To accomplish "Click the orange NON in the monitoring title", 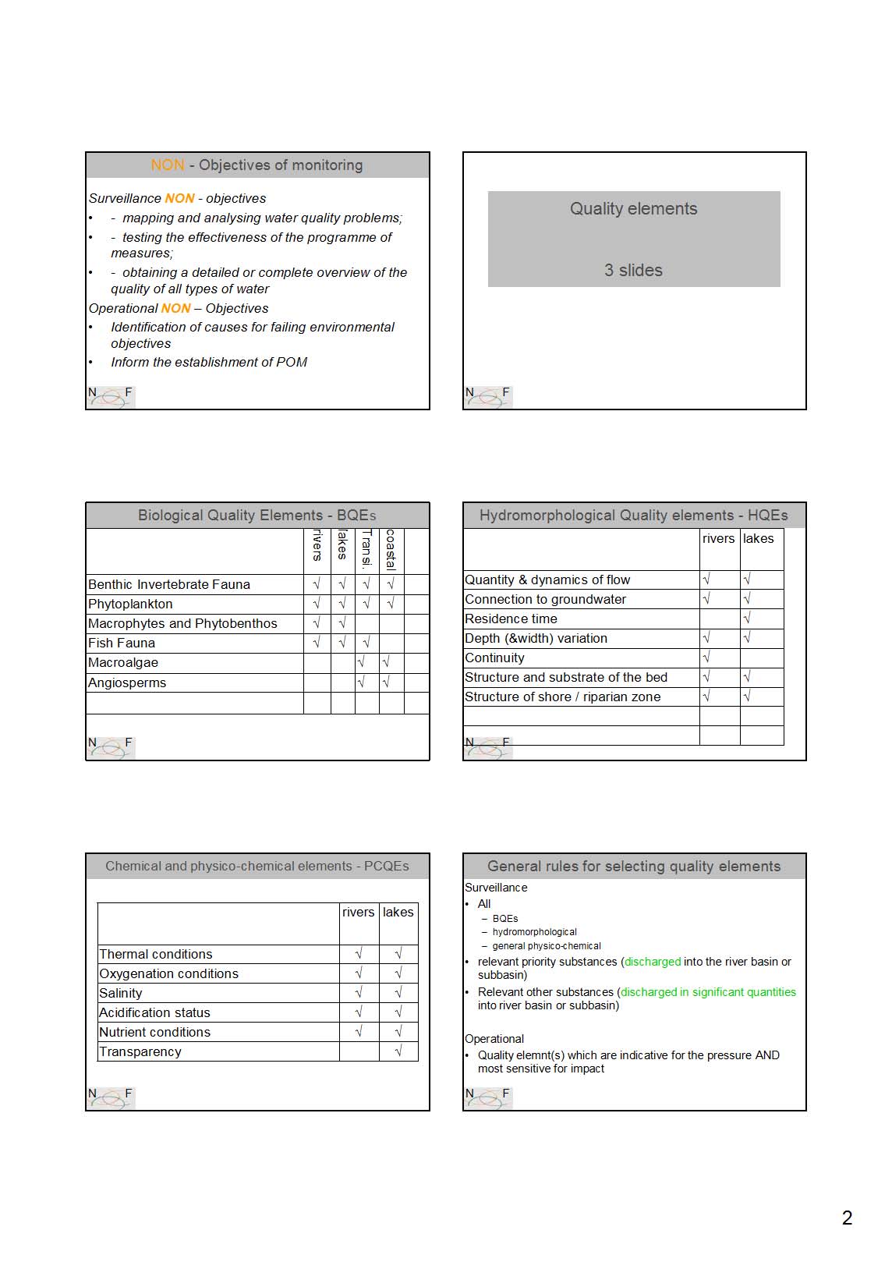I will tap(168, 165).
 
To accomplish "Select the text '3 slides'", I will tap(633, 271).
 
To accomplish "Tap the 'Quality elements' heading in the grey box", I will tap(633, 209).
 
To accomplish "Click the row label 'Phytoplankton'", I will tap(130, 604).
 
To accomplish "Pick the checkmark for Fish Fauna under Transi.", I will tap(366, 643).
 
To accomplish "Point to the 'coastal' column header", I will tap(391, 550).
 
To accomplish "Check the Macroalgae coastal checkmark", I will tap(386, 662).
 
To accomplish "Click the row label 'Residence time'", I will tap(511, 619).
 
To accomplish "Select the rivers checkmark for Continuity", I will tap(706, 658).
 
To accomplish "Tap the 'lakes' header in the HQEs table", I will tap(758, 539).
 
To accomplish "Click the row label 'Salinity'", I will tap(121, 993).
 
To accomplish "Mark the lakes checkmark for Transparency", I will tap(398, 1051).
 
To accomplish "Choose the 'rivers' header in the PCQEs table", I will tap(359, 913).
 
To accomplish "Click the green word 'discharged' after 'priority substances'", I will tap(653, 962).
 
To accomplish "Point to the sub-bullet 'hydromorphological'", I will tap(535, 932).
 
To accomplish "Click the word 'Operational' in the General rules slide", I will tap(494, 1039).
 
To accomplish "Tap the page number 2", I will tap(847, 1218).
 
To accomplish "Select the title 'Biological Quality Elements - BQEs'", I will tap(257, 516).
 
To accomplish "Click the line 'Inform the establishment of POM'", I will tap(209, 362).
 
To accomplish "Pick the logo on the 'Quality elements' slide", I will tap(488, 396).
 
